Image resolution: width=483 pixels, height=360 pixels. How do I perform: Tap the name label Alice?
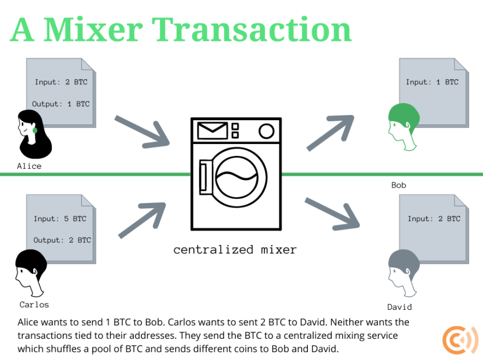tap(29, 166)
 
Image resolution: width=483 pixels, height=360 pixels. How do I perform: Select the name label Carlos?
tap(34, 304)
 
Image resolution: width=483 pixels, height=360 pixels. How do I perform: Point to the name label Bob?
tap(399, 185)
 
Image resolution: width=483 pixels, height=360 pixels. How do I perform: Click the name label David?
tap(400, 307)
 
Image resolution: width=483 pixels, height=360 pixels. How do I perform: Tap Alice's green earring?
tap(35, 131)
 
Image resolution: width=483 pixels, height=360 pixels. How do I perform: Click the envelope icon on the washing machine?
tap(212, 131)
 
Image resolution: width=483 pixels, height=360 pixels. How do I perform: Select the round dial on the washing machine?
tap(266, 131)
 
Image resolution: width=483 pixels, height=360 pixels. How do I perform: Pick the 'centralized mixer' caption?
tap(235, 250)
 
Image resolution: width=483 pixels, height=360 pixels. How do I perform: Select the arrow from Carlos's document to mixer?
tap(141, 218)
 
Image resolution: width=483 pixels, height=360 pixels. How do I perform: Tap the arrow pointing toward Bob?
tap(330, 133)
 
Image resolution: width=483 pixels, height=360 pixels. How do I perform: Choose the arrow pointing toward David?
tap(332, 213)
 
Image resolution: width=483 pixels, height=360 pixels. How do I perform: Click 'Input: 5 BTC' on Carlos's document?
tap(60, 219)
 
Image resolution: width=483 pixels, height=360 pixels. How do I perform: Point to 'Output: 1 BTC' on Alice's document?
tap(61, 104)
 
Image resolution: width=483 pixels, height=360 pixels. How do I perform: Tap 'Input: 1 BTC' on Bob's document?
tap(432, 82)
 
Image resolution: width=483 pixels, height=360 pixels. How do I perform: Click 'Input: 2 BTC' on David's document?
tap(434, 219)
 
